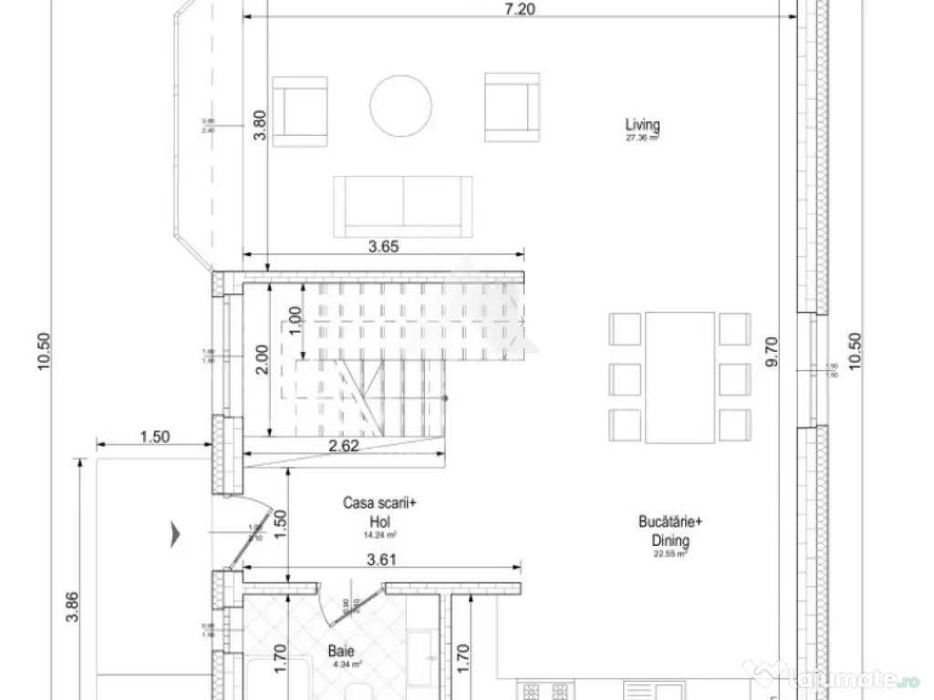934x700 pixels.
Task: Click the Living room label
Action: (642, 125)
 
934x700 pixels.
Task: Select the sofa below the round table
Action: (403, 204)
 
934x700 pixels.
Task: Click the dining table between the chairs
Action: (680, 377)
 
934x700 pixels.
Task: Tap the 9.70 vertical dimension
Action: (773, 350)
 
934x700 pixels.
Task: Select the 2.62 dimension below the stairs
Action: (344, 447)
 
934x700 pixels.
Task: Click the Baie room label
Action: (342, 653)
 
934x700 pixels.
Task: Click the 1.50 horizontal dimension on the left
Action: (155, 437)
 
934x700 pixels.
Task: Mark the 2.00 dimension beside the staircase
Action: (261, 360)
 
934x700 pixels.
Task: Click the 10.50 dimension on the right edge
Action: (855, 350)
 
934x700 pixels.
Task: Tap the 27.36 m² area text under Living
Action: (642, 139)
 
